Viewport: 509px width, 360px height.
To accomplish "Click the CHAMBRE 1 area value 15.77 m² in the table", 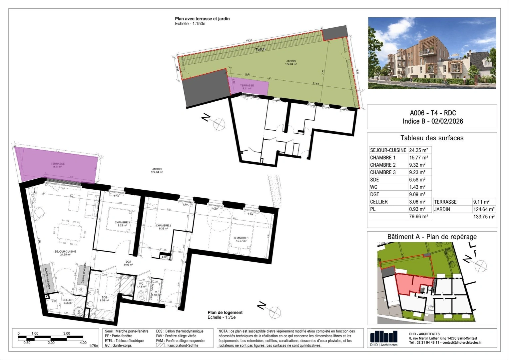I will click(x=418, y=158).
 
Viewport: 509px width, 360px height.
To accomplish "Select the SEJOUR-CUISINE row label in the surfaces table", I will click(x=388, y=150).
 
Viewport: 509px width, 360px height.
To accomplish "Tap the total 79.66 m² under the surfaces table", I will click(x=418, y=217).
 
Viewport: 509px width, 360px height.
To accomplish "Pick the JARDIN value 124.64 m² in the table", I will click(x=484, y=209).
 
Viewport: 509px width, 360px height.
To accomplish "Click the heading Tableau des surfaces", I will click(x=432, y=138).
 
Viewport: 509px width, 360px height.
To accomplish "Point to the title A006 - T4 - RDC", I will click(x=433, y=113).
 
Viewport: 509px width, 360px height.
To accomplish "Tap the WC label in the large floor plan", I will click(x=141, y=284).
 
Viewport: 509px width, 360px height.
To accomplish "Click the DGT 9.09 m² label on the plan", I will click(x=129, y=263).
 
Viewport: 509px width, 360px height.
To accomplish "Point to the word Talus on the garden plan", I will click(x=260, y=49).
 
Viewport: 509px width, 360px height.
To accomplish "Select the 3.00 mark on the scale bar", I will click(x=67, y=333).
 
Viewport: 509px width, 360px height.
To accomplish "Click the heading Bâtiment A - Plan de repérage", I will click(x=432, y=237).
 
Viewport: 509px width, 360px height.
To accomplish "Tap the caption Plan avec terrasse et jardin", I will click(x=202, y=19).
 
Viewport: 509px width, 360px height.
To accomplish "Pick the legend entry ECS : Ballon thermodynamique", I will click(x=180, y=331).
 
